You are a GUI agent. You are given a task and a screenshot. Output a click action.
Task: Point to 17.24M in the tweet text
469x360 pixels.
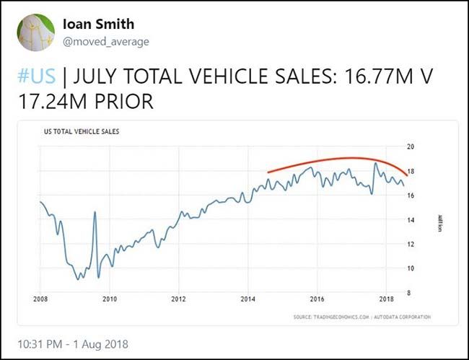tap(51, 101)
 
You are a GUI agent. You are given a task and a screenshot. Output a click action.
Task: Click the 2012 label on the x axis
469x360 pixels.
tap(178, 299)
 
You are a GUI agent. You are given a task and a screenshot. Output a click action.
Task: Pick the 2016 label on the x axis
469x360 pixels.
tap(317, 299)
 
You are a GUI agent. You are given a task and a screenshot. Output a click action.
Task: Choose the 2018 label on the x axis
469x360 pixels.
tap(386, 299)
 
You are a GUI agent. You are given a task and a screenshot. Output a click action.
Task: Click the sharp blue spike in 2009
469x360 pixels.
tap(95, 212)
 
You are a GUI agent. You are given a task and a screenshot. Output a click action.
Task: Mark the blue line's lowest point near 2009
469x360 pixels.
tap(78, 278)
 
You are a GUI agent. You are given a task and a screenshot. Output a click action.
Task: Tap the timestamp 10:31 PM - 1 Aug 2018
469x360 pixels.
tap(76, 344)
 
